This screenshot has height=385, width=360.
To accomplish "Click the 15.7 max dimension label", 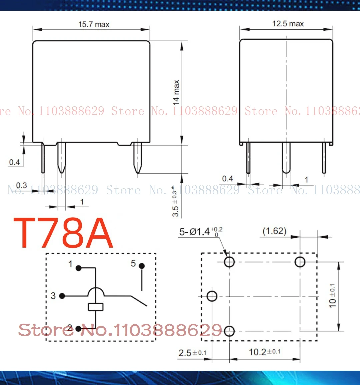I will point(94,24).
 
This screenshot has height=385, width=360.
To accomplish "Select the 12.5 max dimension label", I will point(288,24).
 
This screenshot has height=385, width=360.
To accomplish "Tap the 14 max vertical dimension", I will point(176,92).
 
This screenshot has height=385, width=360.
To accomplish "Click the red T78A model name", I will point(63,233).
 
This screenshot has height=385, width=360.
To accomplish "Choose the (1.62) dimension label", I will point(274,231).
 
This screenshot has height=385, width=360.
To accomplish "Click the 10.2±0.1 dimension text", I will point(264,352).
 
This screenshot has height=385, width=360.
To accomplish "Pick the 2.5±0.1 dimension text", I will point(192,353).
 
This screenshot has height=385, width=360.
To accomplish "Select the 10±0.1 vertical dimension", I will point(332,296).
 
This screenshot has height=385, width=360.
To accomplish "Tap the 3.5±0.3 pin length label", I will point(175,202).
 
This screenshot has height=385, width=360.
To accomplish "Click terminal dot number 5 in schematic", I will point(142,266).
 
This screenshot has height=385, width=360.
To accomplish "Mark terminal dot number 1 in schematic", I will point(79,268).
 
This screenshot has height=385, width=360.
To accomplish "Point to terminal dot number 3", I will point(62,296).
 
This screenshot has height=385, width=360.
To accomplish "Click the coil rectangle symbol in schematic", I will point(96,307).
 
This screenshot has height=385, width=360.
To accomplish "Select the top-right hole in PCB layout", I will point(300,262).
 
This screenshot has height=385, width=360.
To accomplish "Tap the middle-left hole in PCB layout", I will point(212,296).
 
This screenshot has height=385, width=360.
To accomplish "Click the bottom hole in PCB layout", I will point(229,331).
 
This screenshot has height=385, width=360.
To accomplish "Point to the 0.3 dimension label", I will point(21,185).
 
